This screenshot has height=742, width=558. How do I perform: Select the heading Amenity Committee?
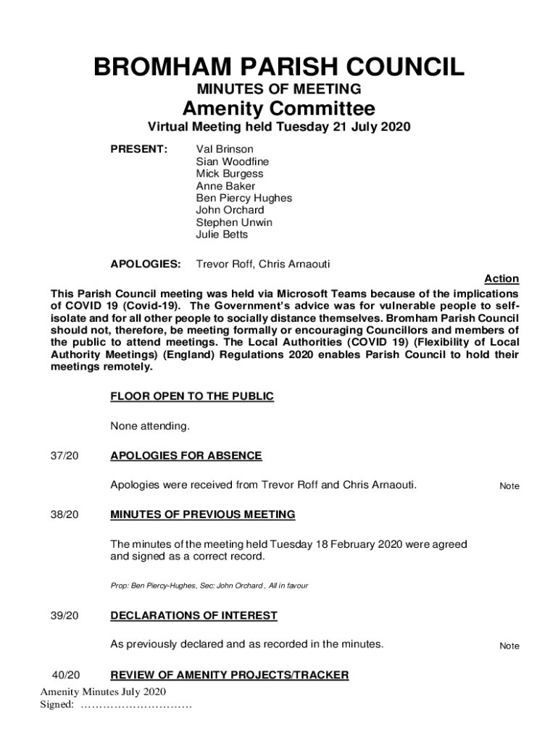[x=279, y=109]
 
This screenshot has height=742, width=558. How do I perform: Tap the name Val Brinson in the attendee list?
[x=225, y=149]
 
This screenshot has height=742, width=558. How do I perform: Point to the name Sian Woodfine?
[x=232, y=162]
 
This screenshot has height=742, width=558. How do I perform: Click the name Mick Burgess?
[x=230, y=174]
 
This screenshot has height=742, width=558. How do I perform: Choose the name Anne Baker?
[x=225, y=186]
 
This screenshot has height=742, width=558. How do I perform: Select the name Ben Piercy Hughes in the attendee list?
[x=244, y=198]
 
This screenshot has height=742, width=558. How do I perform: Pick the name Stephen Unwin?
[x=234, y=222]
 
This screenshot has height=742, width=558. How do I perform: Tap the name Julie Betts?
[x=222, y=235]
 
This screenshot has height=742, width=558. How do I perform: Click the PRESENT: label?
[x=138, y=149]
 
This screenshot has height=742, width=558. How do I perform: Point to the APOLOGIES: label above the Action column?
[x=146, y=264]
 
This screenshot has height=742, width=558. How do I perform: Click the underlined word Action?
[x=501, y=279]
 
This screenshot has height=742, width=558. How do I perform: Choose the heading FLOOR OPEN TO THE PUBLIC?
[x=192, y=396]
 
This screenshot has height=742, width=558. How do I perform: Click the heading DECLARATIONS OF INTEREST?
[x=193, y=616]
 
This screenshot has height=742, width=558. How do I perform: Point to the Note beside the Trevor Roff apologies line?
[x=509, y=486]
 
